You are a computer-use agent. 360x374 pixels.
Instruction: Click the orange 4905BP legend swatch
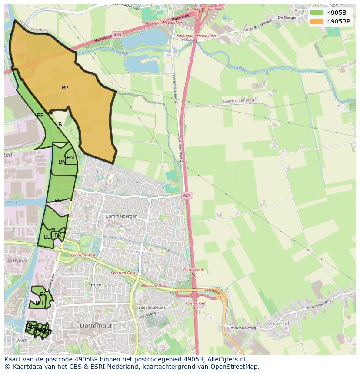[x=317, y=21]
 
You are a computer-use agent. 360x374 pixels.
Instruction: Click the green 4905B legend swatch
[x=317, y=12]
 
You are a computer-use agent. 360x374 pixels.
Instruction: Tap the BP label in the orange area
[x=65, y=88]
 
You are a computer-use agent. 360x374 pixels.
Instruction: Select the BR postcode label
[x=40, y=116]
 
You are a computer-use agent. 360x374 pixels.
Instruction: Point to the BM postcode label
[x=71, y=158]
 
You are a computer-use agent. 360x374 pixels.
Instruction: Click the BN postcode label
[x=62, y=162]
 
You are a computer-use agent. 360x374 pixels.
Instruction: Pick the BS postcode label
[x=58, y=201]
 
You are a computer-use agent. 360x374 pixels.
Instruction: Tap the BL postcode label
[x=47, y=237]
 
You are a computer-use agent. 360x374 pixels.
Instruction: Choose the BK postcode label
[x=58, y=235]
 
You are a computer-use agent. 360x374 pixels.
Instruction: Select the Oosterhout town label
[x=96, y=325]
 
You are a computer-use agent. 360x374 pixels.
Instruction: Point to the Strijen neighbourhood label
[x=95, y=285]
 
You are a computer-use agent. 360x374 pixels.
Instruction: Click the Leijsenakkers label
[x=152, y=307]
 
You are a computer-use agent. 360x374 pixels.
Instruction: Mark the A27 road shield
[x=187, y=196]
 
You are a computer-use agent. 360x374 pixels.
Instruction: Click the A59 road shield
[x=117, y=34]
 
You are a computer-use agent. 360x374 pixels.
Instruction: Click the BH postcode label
[x=39, y=303]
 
